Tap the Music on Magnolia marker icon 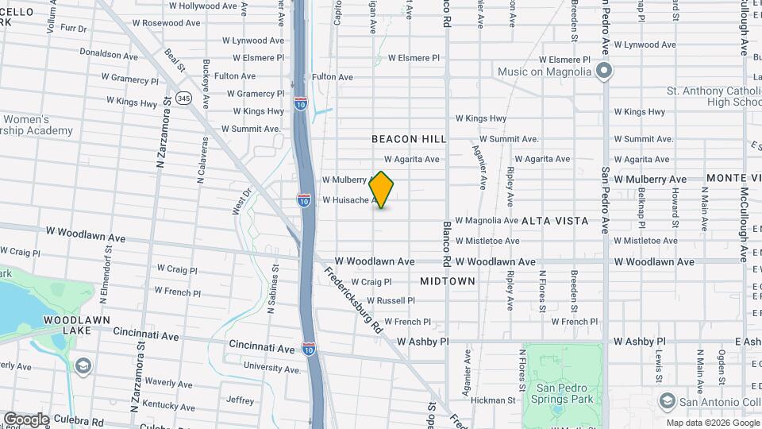[604, 72]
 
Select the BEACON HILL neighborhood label [409, 139]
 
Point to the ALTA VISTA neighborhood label [555, 221]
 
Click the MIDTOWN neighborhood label [447, 281]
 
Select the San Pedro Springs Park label [563, 393]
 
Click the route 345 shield [184, 98]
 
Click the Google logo [26, 419]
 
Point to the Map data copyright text [711, 423]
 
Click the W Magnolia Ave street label [487, 220]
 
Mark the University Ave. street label [272, 367]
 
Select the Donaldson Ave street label [109, 55]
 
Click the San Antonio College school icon [667, 399]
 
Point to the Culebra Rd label [79, 423]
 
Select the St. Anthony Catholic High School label [714, 96]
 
